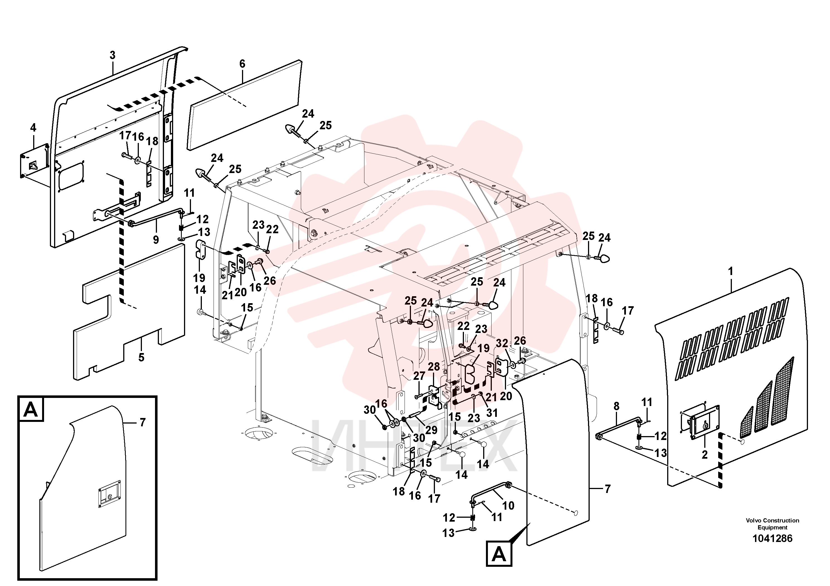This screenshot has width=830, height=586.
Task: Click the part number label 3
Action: coord(112,55)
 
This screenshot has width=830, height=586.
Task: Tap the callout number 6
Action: coord(242,64)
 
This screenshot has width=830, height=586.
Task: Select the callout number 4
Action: coord(33,128)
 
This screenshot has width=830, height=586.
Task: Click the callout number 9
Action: coord(156,240)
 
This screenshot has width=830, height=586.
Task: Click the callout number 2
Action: coord(705,455)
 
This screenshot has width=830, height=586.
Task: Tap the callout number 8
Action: coord(616,407)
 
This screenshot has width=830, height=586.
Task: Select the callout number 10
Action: coord(508,505)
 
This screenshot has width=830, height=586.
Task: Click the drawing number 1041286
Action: coord(772,538)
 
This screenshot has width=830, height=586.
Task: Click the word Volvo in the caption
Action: coord(754,520)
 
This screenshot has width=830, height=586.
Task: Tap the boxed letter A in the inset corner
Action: coord(31,409)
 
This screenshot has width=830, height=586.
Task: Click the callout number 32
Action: coord(502,343)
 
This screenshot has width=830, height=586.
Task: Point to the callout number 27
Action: coord(419,376)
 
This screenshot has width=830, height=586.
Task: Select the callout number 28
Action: coord(434,367)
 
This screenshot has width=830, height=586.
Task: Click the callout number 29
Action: coord(431,430)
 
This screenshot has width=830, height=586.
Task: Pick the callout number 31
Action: coord(492,413)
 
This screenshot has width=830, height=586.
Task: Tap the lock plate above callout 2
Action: coord(705,424)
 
